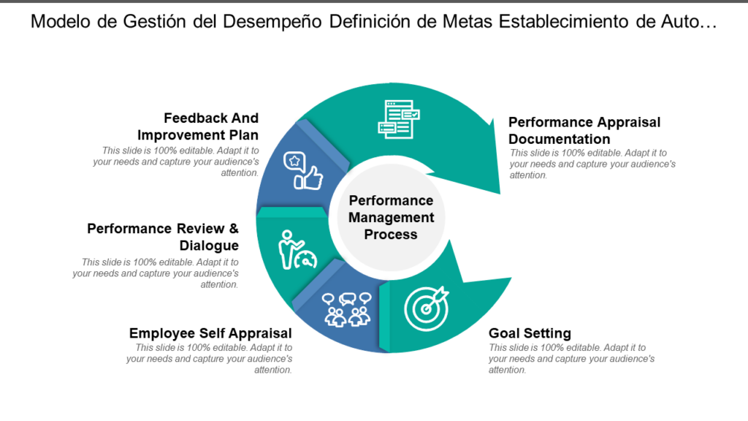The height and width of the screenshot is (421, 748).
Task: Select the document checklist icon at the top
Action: coord(398,119)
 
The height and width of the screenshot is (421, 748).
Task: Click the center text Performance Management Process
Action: coord(391,217)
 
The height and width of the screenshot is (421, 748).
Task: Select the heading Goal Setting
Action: coord(530,333)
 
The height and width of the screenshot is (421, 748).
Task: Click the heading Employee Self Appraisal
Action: coord(210,333)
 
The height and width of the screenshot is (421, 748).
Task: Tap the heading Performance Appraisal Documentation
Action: coord(584,130)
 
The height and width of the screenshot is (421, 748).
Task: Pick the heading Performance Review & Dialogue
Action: coord(163,237)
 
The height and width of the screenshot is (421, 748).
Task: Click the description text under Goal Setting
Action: coord(571,359)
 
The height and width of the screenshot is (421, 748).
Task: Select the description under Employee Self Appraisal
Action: coord(210,359)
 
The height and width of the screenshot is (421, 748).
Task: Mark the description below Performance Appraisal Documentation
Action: coord(592,164)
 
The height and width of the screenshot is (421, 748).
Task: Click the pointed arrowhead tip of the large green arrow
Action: coord(500,194)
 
